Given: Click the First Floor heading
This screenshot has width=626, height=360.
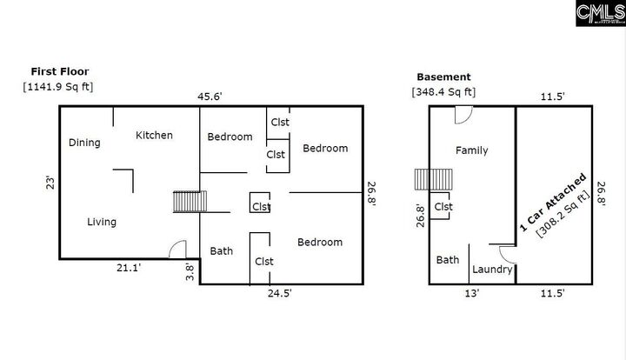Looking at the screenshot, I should click(x=60, y=71).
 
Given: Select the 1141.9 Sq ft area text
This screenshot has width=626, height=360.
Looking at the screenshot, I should click(x=58, y=86).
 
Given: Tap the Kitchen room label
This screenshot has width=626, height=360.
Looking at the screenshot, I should click(x=154, y=135).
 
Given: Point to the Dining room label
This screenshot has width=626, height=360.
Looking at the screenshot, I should click(x=84, y=143).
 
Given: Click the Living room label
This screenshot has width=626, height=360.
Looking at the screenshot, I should click(x=102, y=222).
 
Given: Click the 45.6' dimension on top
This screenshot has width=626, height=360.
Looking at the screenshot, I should click(x=213, y=97).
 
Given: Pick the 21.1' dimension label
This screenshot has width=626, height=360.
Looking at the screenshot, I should click(x=129, y=269).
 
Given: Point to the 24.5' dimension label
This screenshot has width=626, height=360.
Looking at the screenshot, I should click(x=278, y=294).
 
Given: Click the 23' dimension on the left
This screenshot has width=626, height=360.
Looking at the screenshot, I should click(x=50, y=183).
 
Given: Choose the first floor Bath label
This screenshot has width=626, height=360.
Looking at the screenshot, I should click(x=222, y=251).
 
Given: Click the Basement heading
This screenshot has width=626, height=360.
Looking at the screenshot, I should click(x=443, y=77).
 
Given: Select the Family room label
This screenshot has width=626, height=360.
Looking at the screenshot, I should click(x=471, y=150).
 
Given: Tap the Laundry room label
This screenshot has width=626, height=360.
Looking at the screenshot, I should click(x=492, y=270).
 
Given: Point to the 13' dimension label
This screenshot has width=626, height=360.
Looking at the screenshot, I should click(x=472, y=294).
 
